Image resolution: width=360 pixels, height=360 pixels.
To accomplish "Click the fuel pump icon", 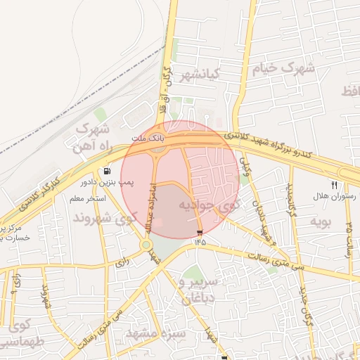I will [107, 171].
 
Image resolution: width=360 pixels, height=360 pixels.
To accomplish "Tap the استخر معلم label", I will [87, 199].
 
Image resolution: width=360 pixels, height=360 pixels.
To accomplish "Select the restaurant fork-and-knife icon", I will [334, 186].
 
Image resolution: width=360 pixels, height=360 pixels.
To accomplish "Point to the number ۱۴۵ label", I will [201, 242].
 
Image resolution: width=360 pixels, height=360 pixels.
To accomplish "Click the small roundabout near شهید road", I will [146, 245].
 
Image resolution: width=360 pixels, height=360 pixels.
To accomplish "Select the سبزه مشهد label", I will [162, 333].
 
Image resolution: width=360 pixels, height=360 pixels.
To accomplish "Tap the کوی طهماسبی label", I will [19, 333].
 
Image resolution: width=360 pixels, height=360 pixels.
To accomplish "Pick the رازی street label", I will [122, 264].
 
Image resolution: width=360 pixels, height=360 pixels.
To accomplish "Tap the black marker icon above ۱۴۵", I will [200, 232].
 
